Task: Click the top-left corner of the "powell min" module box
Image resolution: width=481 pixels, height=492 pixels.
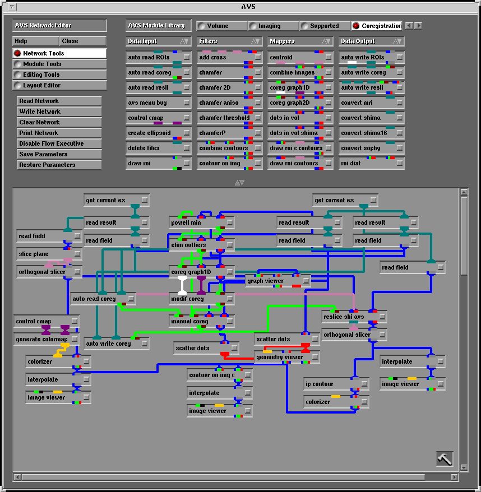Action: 169,216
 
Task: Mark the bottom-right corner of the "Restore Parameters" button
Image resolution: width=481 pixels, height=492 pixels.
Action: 101,170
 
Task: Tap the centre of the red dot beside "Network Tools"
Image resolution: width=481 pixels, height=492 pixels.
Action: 17,53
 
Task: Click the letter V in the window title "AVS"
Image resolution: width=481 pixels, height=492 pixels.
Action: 248,7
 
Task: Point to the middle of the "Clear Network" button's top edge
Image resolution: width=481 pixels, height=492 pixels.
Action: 59,117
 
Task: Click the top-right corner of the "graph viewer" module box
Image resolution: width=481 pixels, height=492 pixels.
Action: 311,275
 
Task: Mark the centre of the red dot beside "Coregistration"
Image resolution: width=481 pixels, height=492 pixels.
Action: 356,26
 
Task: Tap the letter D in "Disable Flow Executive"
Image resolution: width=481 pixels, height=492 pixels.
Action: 21,143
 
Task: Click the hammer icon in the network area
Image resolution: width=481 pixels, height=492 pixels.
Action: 445,459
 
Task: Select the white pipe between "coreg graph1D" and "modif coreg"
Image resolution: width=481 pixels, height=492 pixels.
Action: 182,285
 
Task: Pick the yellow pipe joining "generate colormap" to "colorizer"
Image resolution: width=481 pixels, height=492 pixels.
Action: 61,350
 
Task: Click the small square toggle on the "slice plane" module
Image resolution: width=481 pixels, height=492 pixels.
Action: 77,253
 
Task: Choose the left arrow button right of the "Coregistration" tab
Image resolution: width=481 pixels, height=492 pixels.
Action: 409,26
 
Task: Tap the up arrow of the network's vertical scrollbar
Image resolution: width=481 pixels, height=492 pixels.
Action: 464,192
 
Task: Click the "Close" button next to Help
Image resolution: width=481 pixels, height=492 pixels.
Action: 82,41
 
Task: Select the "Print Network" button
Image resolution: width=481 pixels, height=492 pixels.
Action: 59,133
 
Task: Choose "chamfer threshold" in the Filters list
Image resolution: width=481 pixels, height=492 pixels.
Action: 224,118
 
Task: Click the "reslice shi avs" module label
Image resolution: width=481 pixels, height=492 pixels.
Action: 344,317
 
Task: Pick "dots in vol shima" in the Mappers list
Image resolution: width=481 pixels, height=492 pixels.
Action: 294,133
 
